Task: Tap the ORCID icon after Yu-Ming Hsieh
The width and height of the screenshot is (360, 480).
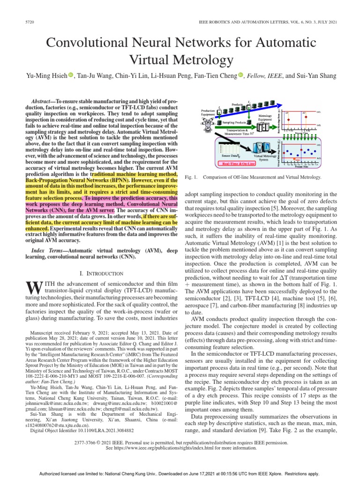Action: pos(71,75)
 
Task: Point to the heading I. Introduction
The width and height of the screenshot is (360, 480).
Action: pos(102,273)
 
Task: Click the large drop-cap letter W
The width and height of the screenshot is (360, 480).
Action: pos(30,287)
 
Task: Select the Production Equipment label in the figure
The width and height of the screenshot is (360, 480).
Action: pos(208,112)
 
